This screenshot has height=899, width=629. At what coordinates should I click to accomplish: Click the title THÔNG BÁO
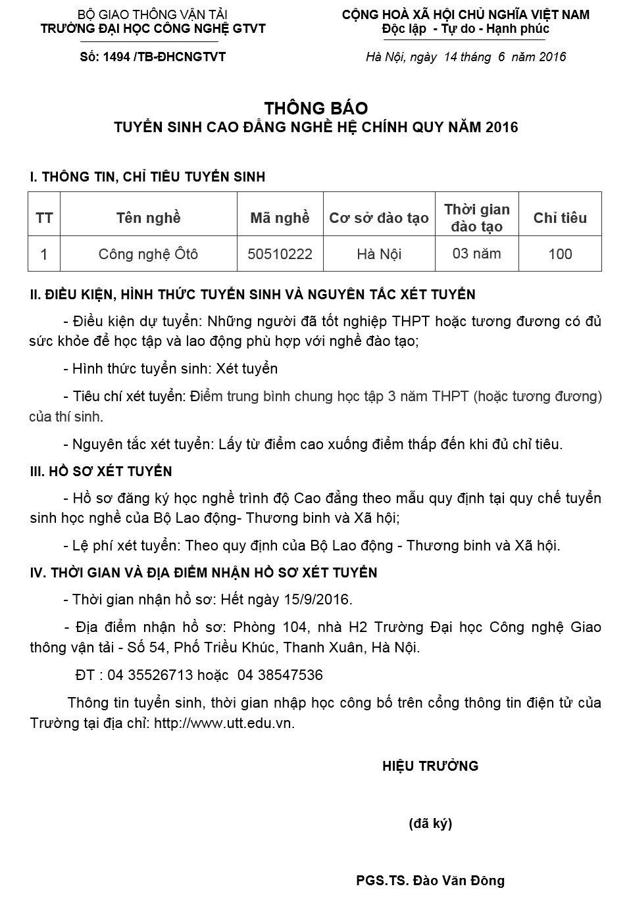pos(316,108)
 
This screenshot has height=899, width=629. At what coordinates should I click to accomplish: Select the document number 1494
pos(117,57)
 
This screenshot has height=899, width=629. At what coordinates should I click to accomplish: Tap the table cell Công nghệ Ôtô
pos(148,254)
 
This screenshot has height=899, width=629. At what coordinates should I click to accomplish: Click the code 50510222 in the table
pos(280,254)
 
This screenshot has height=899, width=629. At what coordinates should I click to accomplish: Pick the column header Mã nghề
pos(280,218)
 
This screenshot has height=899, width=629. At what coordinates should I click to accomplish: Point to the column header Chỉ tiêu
pos(560,218)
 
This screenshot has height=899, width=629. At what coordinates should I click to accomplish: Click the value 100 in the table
pos(560,254)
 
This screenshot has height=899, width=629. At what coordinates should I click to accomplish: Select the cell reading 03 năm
pos(476,253)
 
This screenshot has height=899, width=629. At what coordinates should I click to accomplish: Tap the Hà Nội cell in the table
pos(379,254)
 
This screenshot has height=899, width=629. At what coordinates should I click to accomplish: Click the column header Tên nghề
pos(148,218)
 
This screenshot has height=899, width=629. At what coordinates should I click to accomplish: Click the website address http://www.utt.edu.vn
pos(224,723)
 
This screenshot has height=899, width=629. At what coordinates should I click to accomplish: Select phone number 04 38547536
pos(280,675)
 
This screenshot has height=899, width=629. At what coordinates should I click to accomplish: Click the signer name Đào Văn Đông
pos(459,881)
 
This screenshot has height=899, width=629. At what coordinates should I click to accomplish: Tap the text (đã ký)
pos(430,823)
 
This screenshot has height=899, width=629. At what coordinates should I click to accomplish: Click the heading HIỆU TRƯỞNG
pos(430,765)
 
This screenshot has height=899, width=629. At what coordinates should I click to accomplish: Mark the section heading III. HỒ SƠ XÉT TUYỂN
pos(101,472)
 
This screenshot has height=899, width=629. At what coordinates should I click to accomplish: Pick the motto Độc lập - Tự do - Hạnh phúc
pos(465,29)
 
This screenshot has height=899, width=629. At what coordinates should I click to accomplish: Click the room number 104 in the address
pos(294,627)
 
